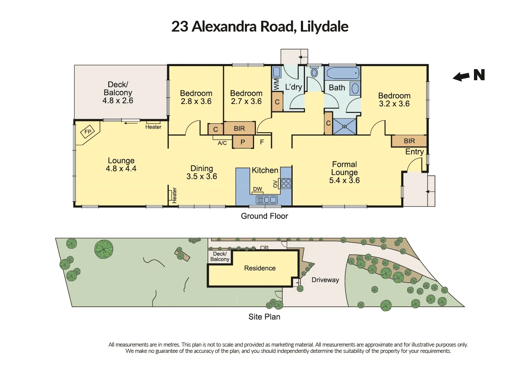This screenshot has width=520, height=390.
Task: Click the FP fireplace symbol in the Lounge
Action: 88,132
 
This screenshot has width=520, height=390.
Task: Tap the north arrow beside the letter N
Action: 461,77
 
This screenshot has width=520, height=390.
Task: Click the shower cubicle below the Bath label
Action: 344,126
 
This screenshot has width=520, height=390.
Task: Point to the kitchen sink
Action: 267,200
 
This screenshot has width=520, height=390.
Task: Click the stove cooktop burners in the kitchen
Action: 286,183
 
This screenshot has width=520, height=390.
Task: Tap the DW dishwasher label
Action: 257,189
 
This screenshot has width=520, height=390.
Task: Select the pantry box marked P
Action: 243,142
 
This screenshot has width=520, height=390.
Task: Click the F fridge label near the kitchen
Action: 262,142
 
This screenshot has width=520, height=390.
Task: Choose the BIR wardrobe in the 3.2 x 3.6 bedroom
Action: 409,141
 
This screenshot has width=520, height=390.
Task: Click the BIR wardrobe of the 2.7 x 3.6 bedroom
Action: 239,129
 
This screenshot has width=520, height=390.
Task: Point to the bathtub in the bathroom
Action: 342,73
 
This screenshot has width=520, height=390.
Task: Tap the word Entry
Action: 414,152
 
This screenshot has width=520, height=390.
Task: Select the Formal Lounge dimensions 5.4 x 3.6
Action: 344,181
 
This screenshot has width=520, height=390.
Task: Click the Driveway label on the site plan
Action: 325,280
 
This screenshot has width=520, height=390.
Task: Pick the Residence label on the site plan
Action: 260,268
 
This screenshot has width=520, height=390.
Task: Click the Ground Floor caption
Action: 264,216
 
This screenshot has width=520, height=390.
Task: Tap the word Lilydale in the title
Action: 324,27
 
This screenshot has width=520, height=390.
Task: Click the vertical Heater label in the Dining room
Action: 174,195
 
